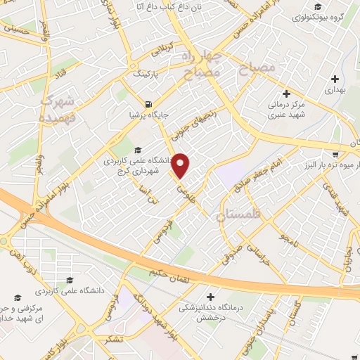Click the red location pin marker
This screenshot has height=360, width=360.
coord(181,165)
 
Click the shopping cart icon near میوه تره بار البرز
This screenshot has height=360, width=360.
coord(337,153)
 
